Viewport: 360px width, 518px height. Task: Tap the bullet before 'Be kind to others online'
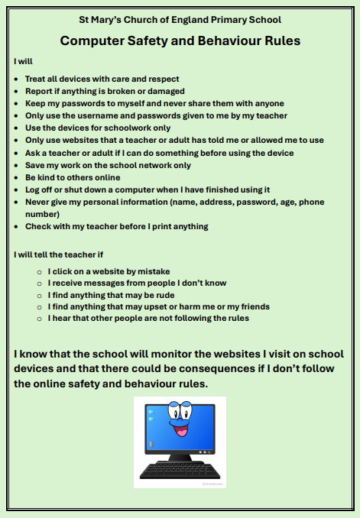(x=18, y=177)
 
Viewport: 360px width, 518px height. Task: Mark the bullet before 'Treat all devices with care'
(x=18, y=79)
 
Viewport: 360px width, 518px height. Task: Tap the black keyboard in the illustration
(x=180, y=468)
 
